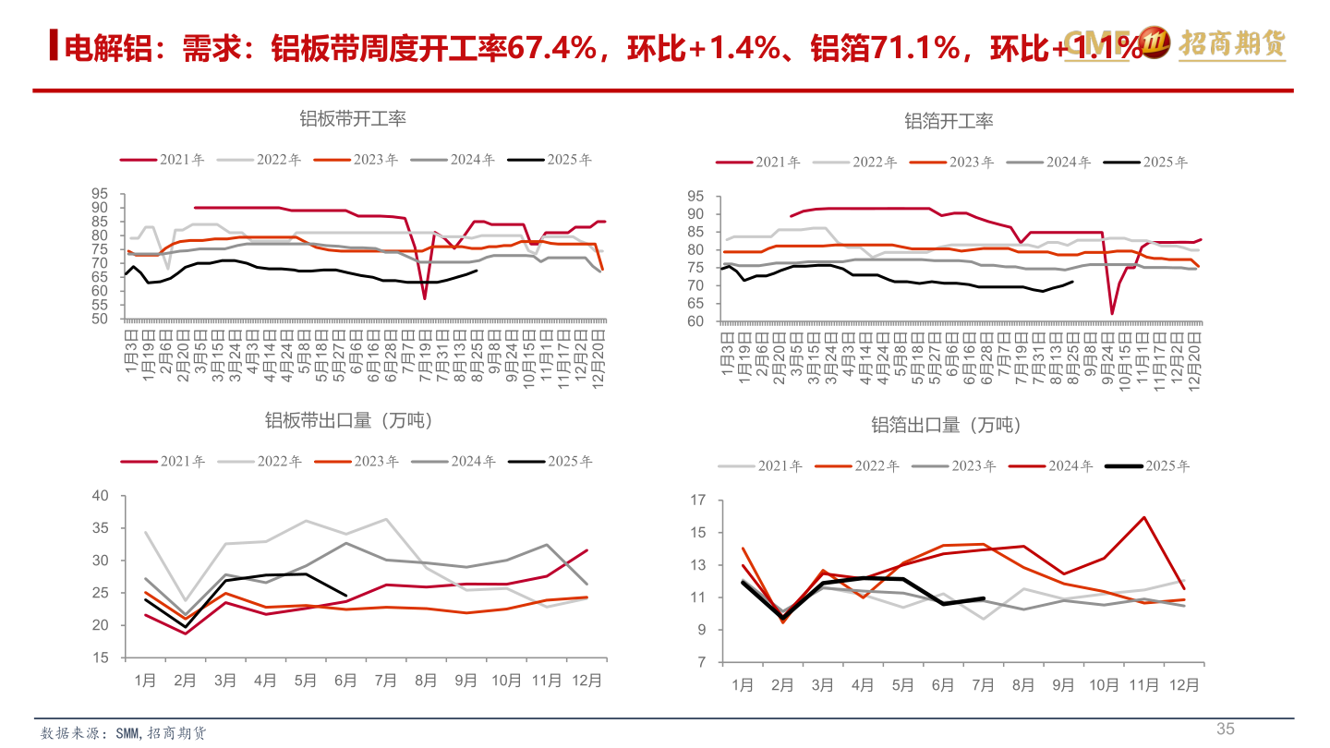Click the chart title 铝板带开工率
pyautogui.click(x=353, y=118)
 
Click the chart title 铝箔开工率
pyautogui.click(x=949, y=121)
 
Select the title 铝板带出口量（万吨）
pyautogui.click(x=350, y=421)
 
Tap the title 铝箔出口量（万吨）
pyautogui.click(x=947, y=425)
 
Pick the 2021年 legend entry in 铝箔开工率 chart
pyautogui.click(x=759, y=163)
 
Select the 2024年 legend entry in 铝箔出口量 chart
pyautogui.click(x=1050, y=466)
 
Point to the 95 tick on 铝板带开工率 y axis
pyautogui.click(x=100, y=194)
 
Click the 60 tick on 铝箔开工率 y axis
pyautogui.click(x=695, y=322)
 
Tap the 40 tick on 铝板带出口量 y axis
pyautogui.click(x=100, y=496)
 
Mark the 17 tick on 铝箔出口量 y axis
pyautogui.click(x=698, y=501)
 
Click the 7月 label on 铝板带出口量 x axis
pyautogui.click(x=386, y=682)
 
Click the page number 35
pyautogui.click(x=1225, y=729)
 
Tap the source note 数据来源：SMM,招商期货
pyautogui.click(x=124, y=733)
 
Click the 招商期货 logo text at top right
pyautogui.click(x=1232, y=43)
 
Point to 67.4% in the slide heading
pyautogui.click(x=553, y=47)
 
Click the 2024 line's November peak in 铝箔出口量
pyautogui.click(x=1144, y=517)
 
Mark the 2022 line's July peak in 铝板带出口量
pyautogui.click(x=386, y=519)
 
